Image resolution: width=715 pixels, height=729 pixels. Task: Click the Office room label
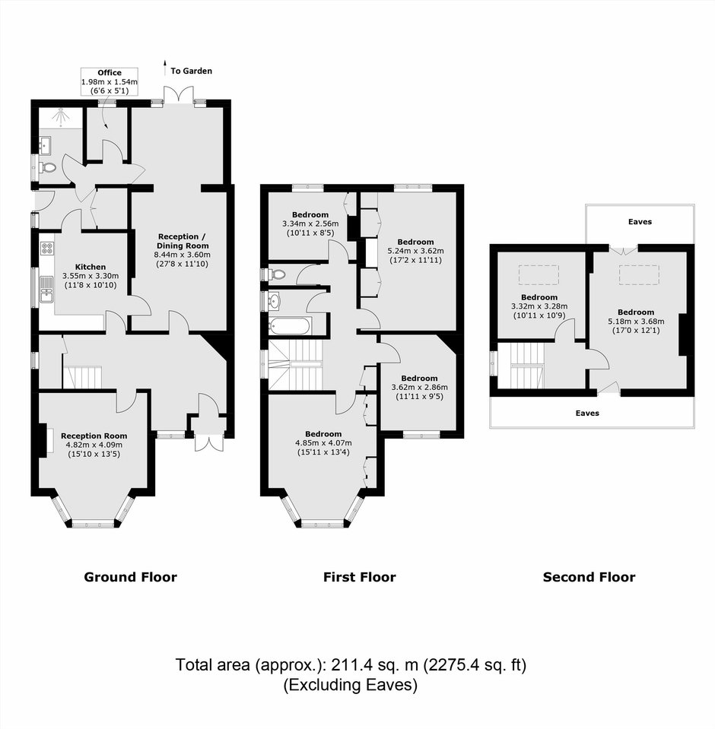pos(110,72)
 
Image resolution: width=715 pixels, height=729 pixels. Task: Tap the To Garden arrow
pos(164,68)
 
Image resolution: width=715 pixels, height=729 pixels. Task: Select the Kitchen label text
pos(91,267)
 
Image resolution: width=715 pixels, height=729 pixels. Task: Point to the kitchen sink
pos(46,289)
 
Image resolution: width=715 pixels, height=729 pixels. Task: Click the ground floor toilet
pos(46,167)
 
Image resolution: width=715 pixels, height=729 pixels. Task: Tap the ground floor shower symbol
pos(61,118)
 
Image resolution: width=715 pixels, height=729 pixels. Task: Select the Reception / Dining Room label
pos(182,241)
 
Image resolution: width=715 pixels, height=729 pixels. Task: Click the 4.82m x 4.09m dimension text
pos(94,445)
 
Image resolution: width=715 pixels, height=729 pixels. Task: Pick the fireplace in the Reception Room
pos(43,439)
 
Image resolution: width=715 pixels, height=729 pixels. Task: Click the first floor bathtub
pos(290,326)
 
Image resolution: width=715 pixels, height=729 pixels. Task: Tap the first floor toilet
pos(276,274)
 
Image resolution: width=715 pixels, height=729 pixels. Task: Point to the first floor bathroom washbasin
pos(275,300)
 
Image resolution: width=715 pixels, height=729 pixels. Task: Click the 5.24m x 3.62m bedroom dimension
pos(415,251)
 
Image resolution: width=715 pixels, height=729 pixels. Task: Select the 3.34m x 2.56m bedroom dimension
pos(310,223)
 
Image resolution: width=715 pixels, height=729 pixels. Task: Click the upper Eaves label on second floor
pos(640,222)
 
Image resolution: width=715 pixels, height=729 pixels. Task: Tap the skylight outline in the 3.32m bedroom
pos(539,274)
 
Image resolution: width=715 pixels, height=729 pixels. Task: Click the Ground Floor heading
pos(130,578)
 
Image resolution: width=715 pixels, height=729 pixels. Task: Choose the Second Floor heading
pos(589,578)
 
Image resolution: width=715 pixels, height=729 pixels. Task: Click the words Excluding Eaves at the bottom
pos(351,685)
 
